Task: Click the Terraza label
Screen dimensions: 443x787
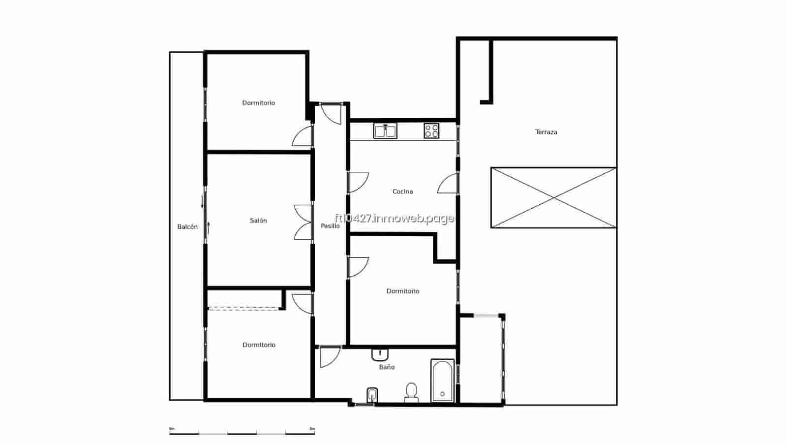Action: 546,132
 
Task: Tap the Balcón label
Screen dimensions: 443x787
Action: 187,227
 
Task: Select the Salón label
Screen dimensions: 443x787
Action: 258,221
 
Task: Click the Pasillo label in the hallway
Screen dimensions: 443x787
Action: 330,226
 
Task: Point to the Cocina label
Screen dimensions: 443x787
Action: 402,191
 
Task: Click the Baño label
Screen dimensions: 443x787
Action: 387,367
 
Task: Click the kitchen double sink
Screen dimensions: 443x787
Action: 385,131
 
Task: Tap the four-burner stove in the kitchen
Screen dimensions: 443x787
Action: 431,130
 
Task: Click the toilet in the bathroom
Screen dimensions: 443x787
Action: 411,392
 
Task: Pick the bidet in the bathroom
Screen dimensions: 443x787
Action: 372,395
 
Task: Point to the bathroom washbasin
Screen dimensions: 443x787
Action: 380,354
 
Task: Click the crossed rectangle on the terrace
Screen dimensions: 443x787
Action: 553,197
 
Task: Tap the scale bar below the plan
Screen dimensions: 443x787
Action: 242,433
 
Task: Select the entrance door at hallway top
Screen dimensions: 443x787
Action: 331,114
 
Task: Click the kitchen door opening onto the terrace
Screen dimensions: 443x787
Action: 448,184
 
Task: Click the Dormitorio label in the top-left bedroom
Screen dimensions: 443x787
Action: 258,103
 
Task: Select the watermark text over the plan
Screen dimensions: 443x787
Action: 394,218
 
